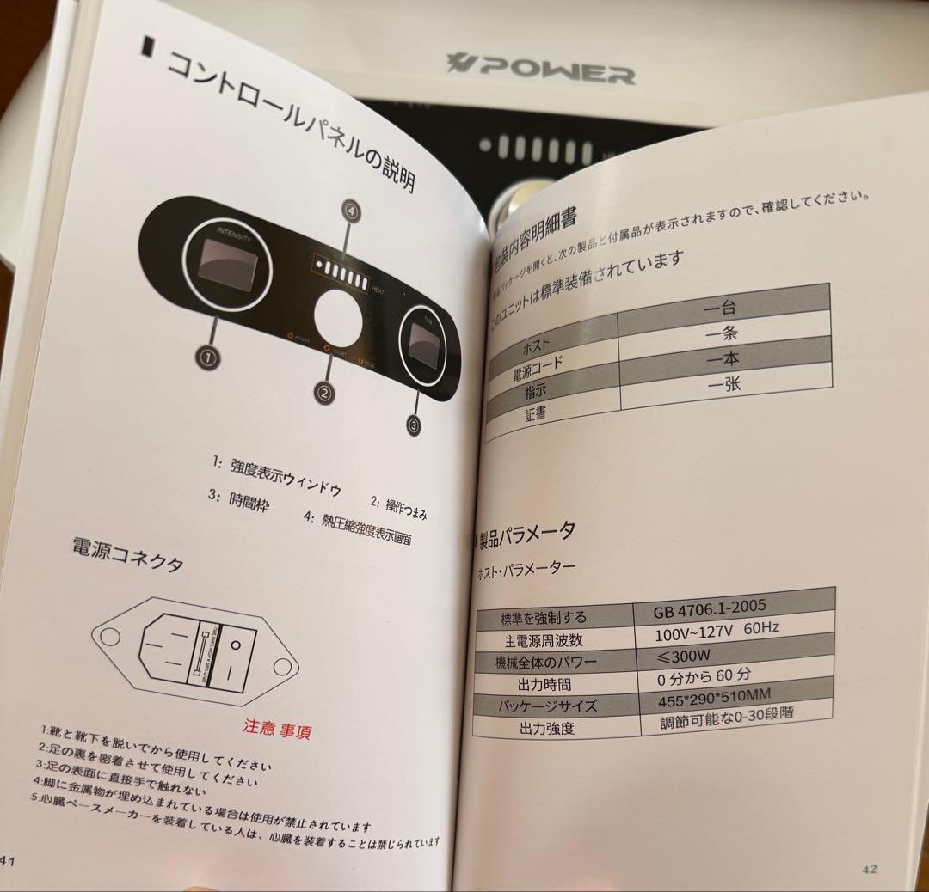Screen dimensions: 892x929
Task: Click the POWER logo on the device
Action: tap(541, 68)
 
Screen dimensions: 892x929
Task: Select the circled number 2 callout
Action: tap(323, 393)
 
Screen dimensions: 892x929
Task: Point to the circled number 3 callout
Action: tap(414, 423)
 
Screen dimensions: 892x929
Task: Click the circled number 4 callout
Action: tap(350, 210)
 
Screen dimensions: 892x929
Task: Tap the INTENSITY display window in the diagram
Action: tap(225, 266)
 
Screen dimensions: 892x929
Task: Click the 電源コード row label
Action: tap(539, 366)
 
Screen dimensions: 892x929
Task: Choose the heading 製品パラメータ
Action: tap(526, 535)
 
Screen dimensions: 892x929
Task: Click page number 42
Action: tap(869, 868)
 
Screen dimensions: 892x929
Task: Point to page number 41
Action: tap(9, 861)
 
